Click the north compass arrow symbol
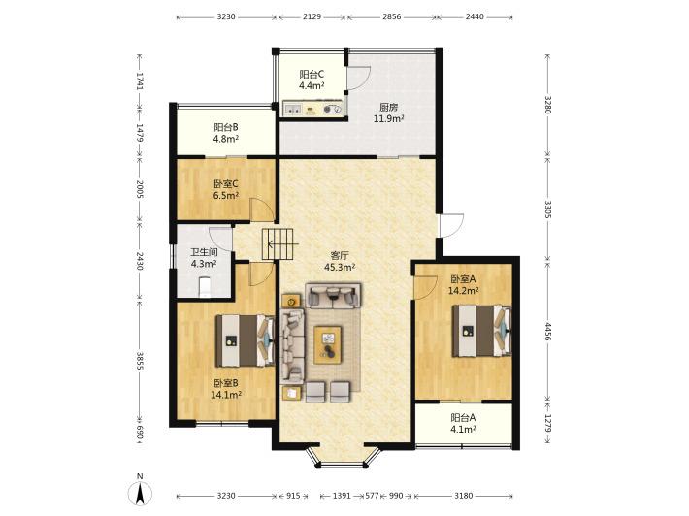(x=140, y=493)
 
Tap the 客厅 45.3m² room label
(x=340, y=261)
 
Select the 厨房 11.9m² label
(x=388, y=113)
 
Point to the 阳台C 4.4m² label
(x=312, y=80)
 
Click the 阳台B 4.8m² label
(x=226, y=133)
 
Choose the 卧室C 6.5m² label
(x=226, y=190)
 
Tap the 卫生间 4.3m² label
(x=204, y=258)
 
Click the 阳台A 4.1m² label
(x=463, y=423)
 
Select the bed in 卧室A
(x=481, y=331)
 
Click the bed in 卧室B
(x=245, y=340)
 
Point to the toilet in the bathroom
(x=205, y=287)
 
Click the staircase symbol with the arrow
(x=278, y=243)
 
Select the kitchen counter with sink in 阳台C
(x=312, y=109)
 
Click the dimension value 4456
(x=547, y=331)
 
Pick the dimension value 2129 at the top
(x=312, y=16)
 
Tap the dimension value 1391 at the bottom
(x=342, y=496)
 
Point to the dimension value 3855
(x=140, y=361)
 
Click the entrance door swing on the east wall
(x=451, y=226)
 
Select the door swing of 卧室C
(x=262, y=210)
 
